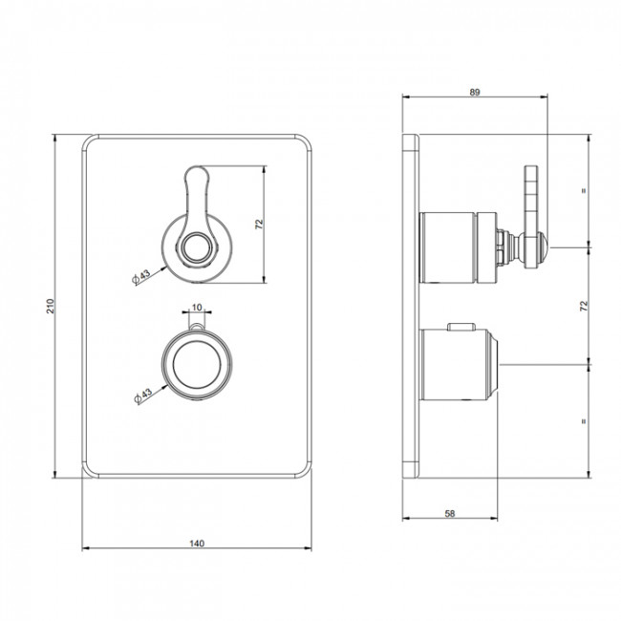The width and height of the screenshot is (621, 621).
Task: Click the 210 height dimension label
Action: click(x=50, y=306)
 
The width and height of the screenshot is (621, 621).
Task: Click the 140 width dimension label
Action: click(x=197, y=544)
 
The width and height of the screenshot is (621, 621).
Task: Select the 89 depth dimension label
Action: click(x=475, y=92)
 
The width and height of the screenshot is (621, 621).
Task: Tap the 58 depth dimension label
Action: click(x=450, y=514)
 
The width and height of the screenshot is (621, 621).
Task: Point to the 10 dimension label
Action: click(x=197, y=307)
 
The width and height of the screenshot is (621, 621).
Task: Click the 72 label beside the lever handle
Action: click(x=260, y=225)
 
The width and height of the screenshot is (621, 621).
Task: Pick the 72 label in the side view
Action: click(x=584, y=306)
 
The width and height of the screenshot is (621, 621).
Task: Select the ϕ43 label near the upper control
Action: click(x=141, y=276)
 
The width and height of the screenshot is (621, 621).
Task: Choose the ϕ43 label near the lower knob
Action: click(x=143, y=396)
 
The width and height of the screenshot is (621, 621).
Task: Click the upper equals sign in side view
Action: click(x=584, y=190)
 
